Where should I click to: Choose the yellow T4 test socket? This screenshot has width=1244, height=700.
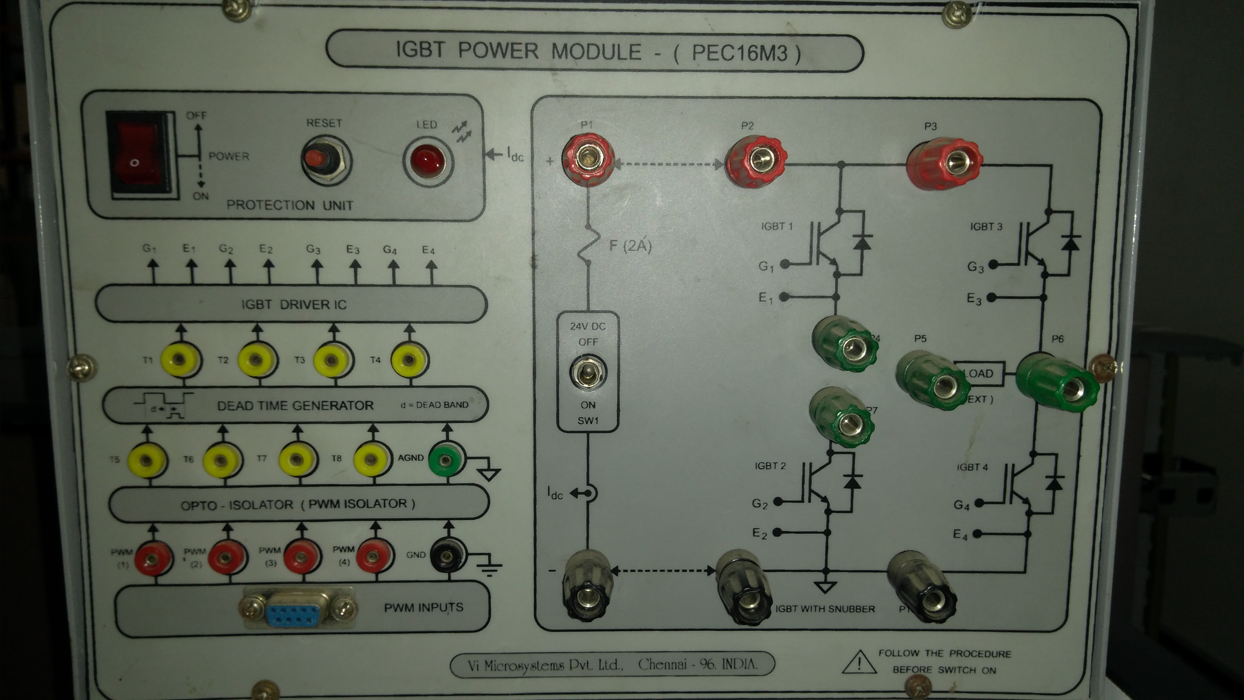click(x=409, y=359)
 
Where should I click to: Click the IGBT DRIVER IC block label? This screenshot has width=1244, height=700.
click(x=294, y=304)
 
